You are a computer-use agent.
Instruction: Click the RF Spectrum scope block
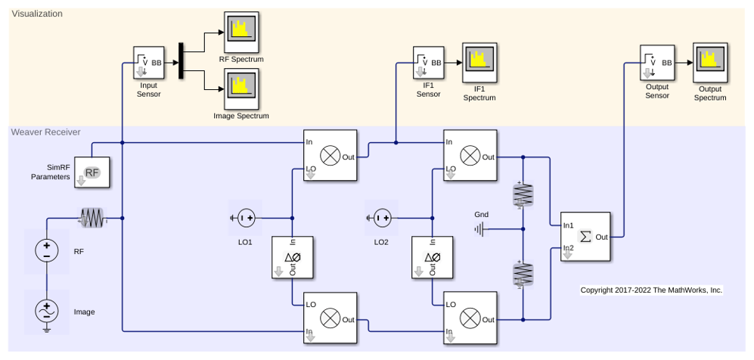[241, 33]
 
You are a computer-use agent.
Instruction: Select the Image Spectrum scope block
[241, 88]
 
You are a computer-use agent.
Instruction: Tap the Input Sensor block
[149, 63]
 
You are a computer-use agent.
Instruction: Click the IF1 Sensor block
[428, 63]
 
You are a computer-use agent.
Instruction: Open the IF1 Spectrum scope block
[479, 63]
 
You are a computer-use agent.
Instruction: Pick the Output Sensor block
[657, 63]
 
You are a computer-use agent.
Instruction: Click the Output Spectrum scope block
[710, 63]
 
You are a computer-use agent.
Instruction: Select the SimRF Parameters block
[92, 172]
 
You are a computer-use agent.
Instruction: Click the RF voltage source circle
[47, 250]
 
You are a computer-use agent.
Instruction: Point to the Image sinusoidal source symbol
[47, 312]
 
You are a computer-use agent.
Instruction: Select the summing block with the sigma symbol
[585, 237]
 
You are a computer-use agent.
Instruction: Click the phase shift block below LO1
[293, 257]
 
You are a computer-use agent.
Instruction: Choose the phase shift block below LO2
[432, 257]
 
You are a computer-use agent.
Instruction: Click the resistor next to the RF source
[92, 219]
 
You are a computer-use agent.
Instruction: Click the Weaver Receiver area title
[46, 132]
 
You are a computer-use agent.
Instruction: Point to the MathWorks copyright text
[652, 290]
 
